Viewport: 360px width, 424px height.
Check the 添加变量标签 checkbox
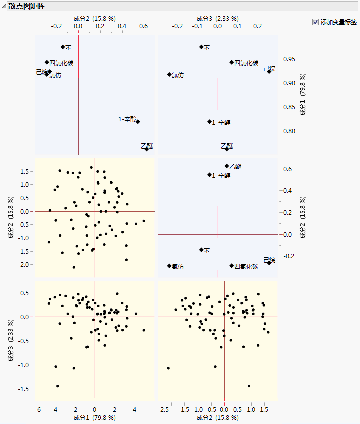[315, 22]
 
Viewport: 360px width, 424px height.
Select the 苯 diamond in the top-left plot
[63, 47]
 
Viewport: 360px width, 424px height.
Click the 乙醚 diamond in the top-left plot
[147, 149]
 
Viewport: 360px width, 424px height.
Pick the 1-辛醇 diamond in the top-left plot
[138, 122]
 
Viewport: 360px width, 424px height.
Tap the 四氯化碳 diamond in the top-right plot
[232, 62]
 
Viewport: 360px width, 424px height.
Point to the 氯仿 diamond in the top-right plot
[169, 75]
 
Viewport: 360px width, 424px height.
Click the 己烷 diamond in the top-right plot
[269, 71]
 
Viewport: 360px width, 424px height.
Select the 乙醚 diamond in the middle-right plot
[226, 166]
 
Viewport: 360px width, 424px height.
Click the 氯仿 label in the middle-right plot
[178, 267]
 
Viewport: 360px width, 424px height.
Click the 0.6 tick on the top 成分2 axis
[143, 26]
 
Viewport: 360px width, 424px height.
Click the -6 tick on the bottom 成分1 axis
[38, 410]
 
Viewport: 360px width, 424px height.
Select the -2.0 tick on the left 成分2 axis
[23, 264]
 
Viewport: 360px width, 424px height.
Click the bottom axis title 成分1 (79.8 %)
[95, 417]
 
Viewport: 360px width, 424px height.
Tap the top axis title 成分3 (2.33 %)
[217, 19]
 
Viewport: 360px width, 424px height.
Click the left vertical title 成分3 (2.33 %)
[11, 340]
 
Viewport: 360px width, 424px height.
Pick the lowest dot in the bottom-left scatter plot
[58, 386]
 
